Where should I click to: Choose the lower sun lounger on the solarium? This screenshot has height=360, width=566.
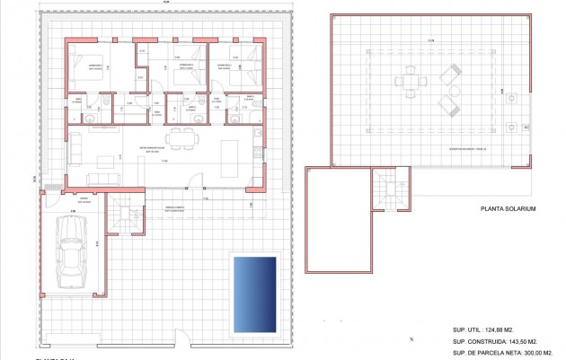pos(448,104)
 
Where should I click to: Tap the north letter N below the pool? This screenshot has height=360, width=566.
pos(410,340)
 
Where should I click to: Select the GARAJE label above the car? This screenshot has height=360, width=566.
pos(84,198)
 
